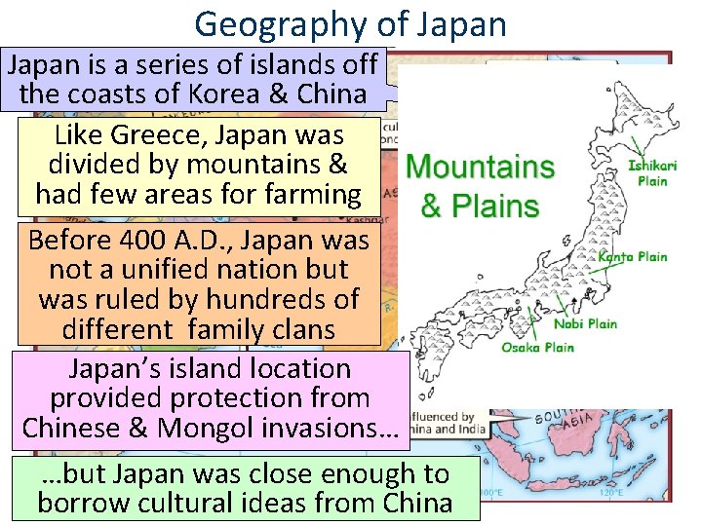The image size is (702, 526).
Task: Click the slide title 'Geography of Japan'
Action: tap(350, 23)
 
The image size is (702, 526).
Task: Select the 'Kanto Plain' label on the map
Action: tap(633, 256)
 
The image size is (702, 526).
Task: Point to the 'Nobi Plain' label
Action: tap(585, 323)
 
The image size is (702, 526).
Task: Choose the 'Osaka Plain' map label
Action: tap(538, 347)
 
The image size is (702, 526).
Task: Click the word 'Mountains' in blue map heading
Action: tap(480, 167)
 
